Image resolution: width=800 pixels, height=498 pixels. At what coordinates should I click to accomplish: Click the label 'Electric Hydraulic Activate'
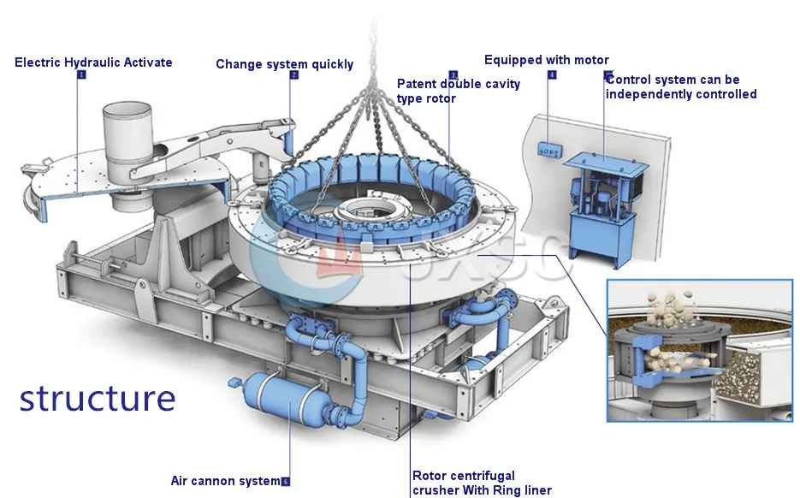point(93,62)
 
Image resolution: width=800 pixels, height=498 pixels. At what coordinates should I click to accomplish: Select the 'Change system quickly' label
point(284,64)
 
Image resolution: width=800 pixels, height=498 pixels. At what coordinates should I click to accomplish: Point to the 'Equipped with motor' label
point(546,60)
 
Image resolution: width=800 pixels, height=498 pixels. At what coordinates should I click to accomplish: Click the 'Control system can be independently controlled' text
point(680,87)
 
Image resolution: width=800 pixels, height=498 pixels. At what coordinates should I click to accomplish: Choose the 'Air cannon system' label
point(225,481)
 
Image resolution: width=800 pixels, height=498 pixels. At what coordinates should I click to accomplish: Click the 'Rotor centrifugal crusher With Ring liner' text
point(481,483)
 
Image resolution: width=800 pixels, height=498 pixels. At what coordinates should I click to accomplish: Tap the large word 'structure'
point(98,398)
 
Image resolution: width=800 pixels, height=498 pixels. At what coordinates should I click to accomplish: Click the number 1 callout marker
point(81,74)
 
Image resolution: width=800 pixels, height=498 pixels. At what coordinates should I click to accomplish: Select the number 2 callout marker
point(294,75)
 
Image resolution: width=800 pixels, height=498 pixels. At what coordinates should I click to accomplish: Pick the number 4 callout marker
point(551,75)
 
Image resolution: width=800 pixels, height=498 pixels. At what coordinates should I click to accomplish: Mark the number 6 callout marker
point(285,482)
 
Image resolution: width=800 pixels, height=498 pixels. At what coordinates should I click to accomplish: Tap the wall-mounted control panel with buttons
point(548,150)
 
